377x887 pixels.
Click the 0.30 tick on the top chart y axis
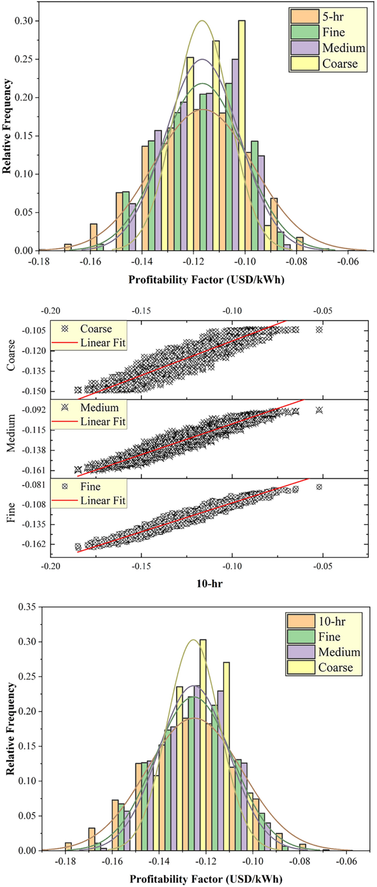23,21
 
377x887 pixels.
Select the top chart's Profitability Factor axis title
206,279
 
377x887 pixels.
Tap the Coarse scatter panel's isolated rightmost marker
319,329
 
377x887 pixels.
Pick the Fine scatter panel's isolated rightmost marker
319,487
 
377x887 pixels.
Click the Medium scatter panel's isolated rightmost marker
319,410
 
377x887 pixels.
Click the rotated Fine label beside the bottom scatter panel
10,517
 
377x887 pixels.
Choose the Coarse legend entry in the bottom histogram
336,668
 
